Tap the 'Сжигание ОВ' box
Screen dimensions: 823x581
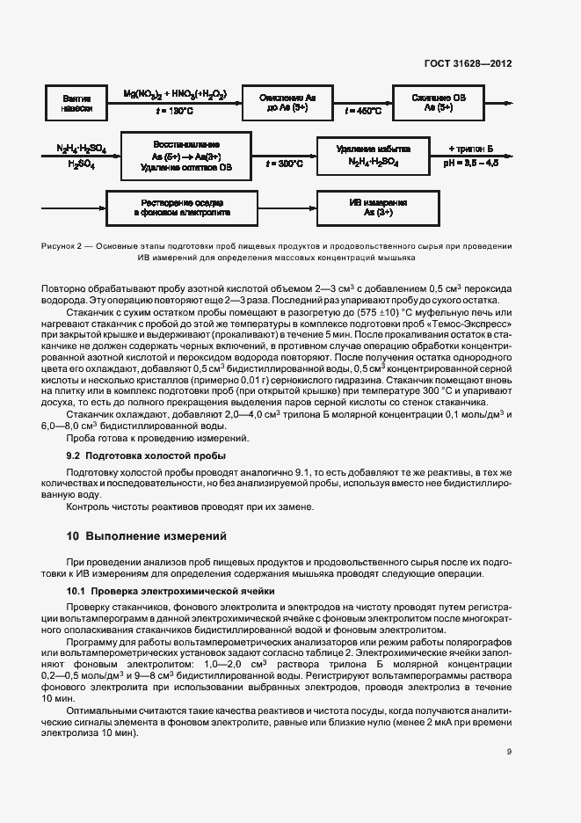click(x=439, y=102)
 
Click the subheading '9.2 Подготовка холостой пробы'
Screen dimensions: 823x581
click(x=146, y=455)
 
